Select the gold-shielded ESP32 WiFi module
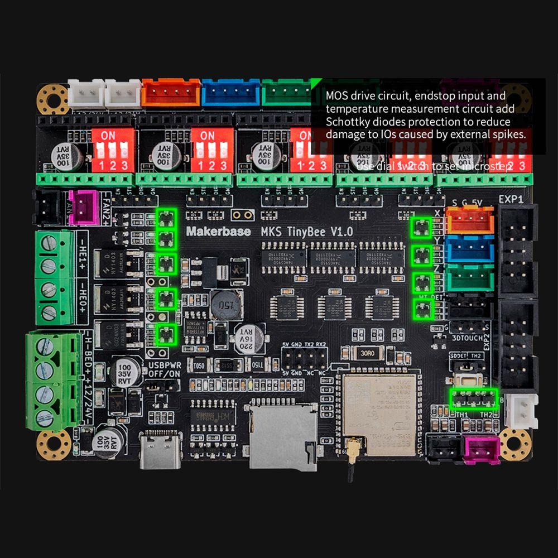(379, 413)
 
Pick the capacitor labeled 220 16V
(246, 337)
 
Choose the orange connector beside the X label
(469, 219)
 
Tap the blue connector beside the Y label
(469, 248)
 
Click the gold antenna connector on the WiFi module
(353, 446)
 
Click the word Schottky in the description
(347, 122)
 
